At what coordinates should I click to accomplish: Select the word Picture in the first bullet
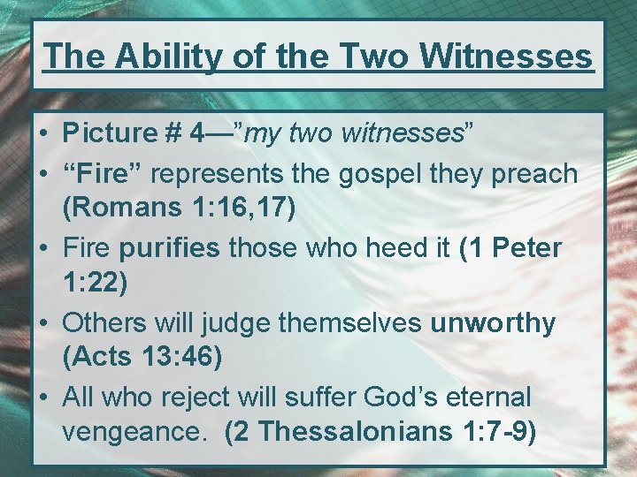click(109, 133)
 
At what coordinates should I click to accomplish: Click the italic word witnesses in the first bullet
click(407, 133)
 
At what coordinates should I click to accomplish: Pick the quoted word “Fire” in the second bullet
click(99, 173)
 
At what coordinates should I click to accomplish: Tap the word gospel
click(344, 173)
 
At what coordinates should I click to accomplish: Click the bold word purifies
click(169, 248)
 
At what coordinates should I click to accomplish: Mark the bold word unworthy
click(493, 323)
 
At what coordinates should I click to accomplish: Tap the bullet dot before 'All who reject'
click(43, 397)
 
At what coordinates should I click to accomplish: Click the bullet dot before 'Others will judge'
click(43, 324)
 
